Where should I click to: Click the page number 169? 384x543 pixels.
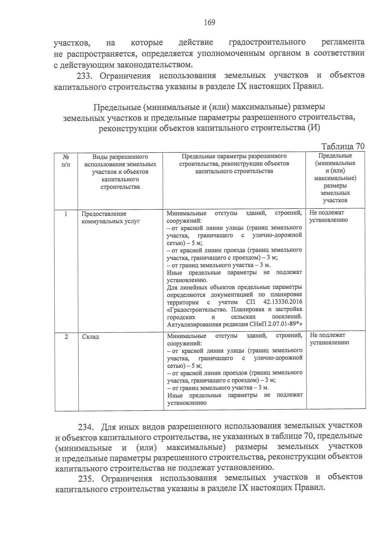[210, 22]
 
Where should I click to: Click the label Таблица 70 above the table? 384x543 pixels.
[343, 147]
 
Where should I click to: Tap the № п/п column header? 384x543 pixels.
[66, 161]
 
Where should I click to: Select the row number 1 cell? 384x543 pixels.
[66, 214]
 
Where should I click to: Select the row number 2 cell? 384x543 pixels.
[66, 337]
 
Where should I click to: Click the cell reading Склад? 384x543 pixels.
[91, 337]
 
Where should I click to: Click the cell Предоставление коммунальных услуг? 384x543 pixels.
[110, 218]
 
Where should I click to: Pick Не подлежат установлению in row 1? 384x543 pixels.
[328, 216]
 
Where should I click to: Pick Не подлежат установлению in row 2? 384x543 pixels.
[329, 339]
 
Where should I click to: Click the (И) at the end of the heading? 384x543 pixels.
[314, 128]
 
